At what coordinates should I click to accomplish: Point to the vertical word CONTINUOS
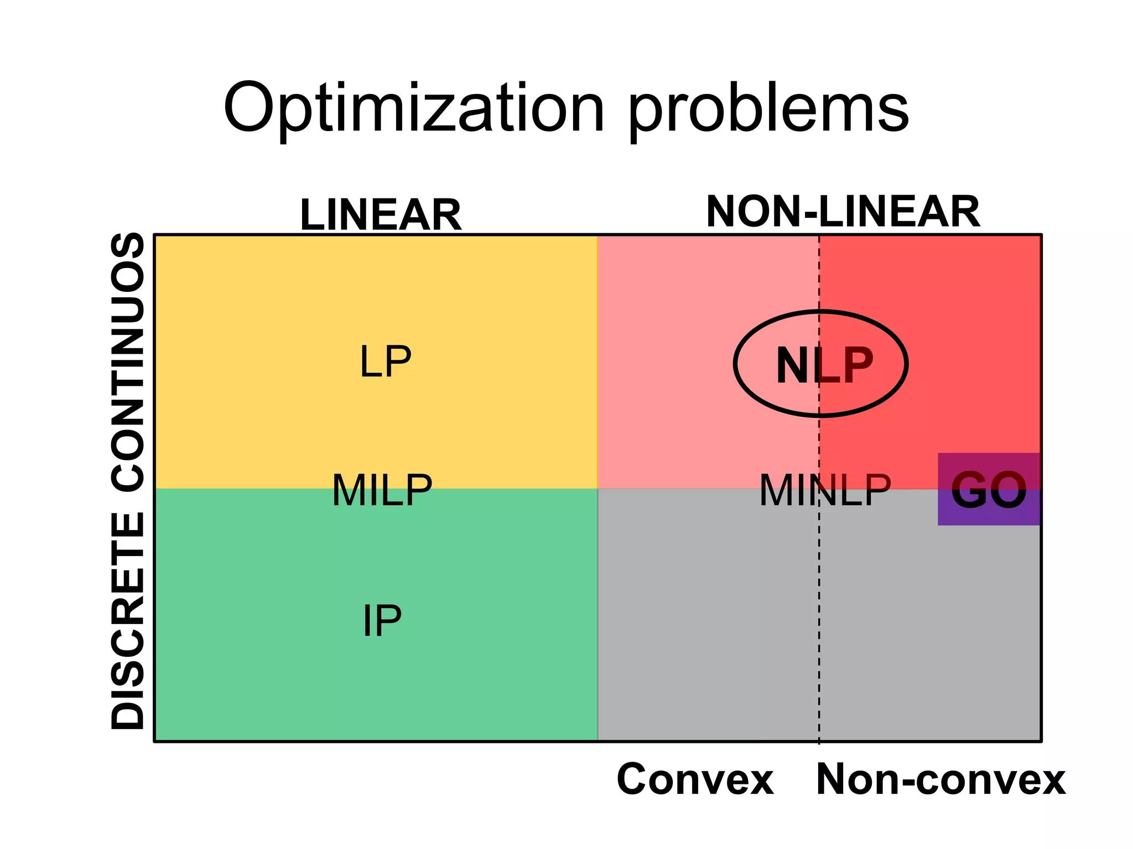click(x=128, y=361)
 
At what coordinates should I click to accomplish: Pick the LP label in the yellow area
click(x=386, y=361)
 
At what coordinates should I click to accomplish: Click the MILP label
click(x=382, y=490)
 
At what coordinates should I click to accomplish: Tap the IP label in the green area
click(x=382, y=621)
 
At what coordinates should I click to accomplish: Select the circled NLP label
click(x=824, y=365)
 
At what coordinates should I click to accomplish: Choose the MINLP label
click(x=825, y=490)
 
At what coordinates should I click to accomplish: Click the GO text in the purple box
click(x=989, y=490)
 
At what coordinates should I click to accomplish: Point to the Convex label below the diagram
click(x=695, y=779)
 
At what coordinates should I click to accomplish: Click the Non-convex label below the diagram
click(x=940, y=779)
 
